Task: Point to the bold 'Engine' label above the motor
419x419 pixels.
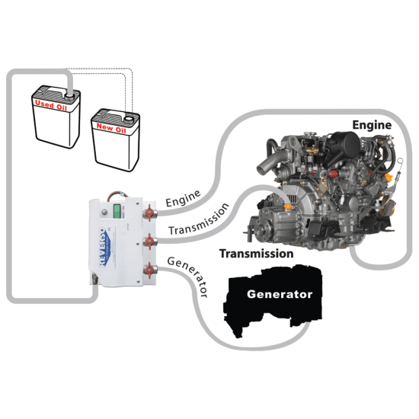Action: [x=372, y=124]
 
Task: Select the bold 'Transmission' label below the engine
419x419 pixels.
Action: [x=256, y=253]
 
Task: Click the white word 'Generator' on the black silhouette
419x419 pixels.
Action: [x=279, y=293]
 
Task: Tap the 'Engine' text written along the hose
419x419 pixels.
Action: [x=183, y=199]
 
